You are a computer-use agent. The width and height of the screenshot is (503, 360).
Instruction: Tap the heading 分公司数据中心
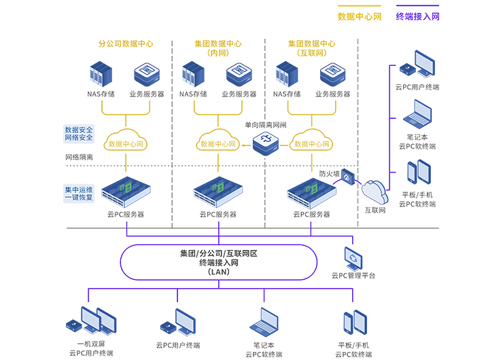[x=126, y=43]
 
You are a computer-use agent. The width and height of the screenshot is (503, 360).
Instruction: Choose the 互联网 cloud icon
[x=375, y=190]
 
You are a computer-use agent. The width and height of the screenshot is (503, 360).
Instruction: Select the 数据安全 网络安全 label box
[x=79, y=133]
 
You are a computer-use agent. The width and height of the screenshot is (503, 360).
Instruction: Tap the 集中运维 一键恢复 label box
[x=79, y=194]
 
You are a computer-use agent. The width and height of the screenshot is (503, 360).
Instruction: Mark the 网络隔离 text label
[x=79, y=158]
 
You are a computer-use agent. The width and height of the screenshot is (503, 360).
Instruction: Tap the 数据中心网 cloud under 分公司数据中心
[x=126, y=141]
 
